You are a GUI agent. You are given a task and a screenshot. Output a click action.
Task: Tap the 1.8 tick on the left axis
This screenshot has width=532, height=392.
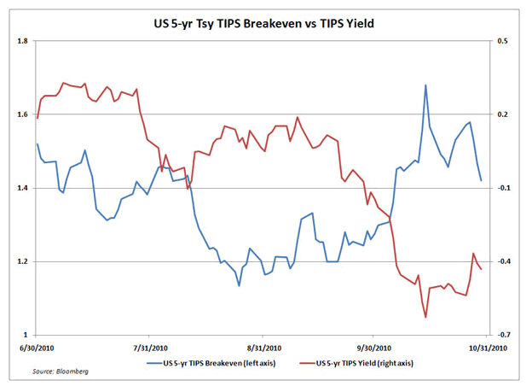coord(23,41)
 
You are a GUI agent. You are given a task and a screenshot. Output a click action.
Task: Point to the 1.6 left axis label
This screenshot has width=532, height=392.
coord(23,114)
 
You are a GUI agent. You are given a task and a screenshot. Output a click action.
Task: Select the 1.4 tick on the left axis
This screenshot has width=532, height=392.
coord(23,188)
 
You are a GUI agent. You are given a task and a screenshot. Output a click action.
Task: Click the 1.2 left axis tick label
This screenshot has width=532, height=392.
coord(23,261)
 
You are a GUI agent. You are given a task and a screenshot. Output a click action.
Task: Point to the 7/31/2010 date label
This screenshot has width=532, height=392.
coord(150,348)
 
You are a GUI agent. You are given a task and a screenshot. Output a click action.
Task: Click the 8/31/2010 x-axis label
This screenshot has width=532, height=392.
coord(263,348)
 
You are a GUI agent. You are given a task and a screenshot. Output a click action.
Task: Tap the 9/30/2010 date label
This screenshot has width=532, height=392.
coord(372,348)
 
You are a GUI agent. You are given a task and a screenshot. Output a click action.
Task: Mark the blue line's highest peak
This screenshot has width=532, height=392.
coord(425,85)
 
